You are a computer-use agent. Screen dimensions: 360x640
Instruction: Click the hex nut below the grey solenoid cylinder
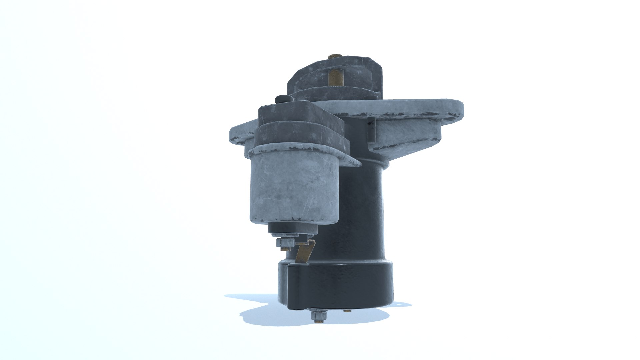(286, 243)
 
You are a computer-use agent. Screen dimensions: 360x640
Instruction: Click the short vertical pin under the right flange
(371, 130)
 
